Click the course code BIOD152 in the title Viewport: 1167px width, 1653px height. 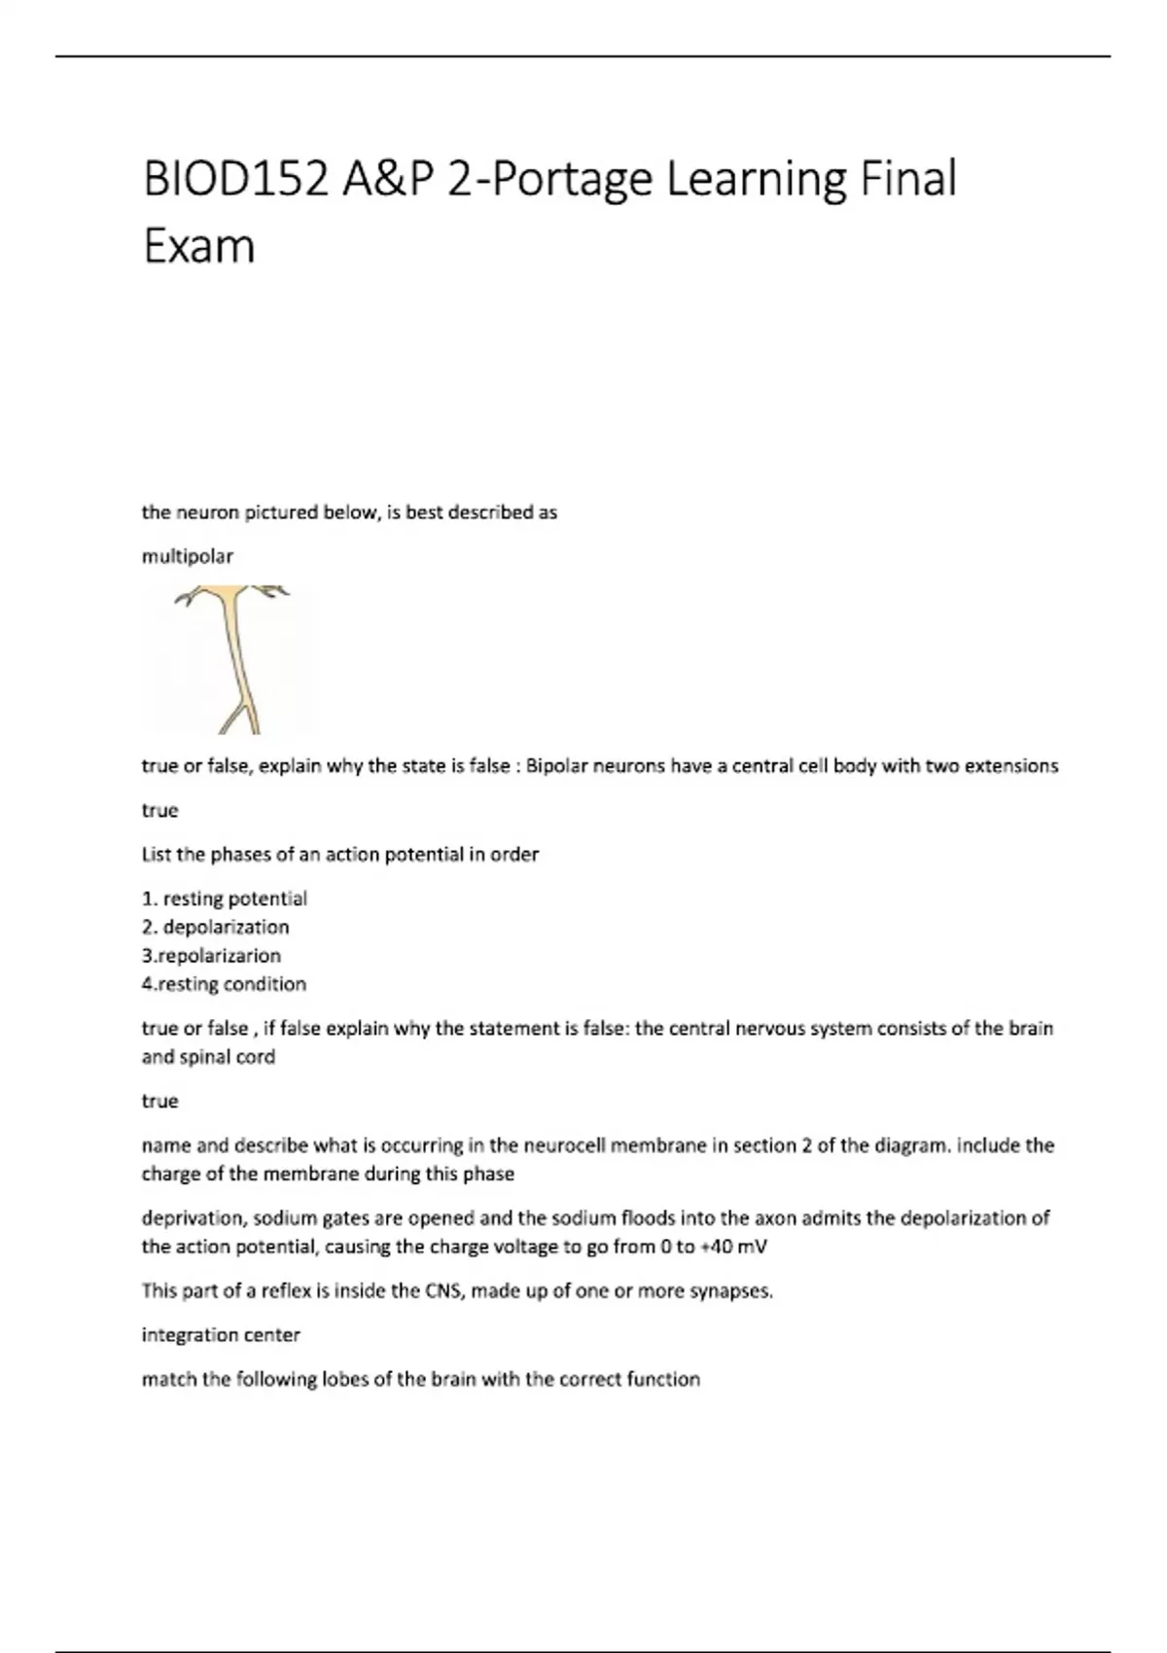point(234,179)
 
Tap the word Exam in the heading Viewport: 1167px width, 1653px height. point(199,246)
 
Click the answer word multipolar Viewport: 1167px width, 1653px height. point(188,556)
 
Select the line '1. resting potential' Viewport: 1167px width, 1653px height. point(225,898)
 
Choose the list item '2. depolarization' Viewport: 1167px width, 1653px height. point(216,927)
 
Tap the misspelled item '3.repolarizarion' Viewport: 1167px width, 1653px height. point(211,955)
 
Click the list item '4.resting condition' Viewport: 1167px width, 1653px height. point(224,984)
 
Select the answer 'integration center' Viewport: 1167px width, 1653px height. point(221,1335)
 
